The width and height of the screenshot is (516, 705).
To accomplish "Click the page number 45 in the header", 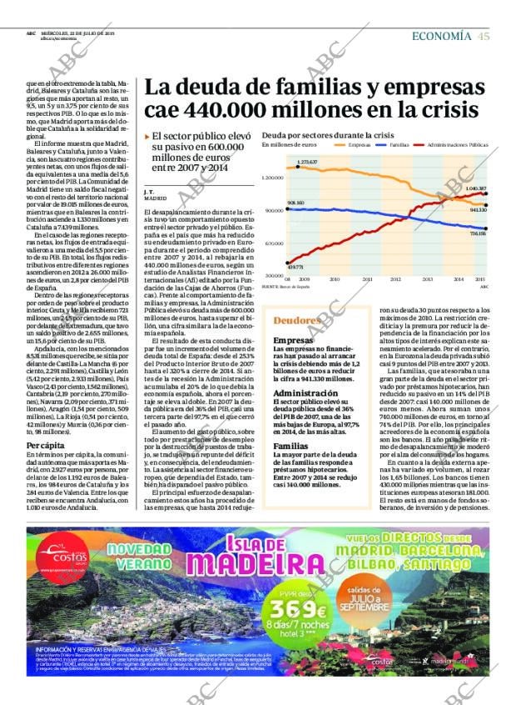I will tap(484, 35).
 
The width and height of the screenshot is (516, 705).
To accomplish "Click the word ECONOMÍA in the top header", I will tap(442, 35).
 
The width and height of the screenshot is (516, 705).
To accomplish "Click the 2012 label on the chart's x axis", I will tap(395, 279).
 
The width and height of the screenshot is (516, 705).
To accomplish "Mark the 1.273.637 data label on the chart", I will tap(307, 162).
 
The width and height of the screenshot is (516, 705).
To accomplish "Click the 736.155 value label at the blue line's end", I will tap(478, 234).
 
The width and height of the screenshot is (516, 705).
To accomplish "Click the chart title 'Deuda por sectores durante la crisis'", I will tap(328, 134).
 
